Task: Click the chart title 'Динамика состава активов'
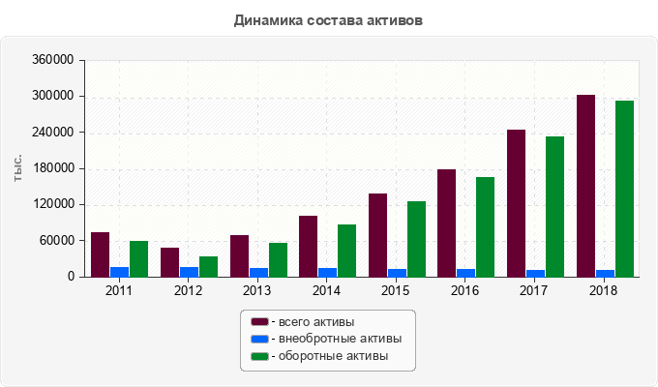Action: tap(329, 19)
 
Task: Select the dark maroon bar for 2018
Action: tap(585, 186)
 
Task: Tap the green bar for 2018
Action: tap(624, 189)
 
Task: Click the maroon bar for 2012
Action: tap(169, 262)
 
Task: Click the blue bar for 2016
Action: tap(465, 273)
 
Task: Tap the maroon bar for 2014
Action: tap(308, 246)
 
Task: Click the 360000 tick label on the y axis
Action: tap(54, 60)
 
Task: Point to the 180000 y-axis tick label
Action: tap(54, 168)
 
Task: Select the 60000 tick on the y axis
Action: tap(57, 241)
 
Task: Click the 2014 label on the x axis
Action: tap(326, 290)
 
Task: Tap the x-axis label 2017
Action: tap(534, 290)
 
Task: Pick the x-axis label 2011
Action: tap(118, 290)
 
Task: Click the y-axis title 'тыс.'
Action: tap(18, 168)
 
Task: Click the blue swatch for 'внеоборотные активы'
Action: tap(259, 340)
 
